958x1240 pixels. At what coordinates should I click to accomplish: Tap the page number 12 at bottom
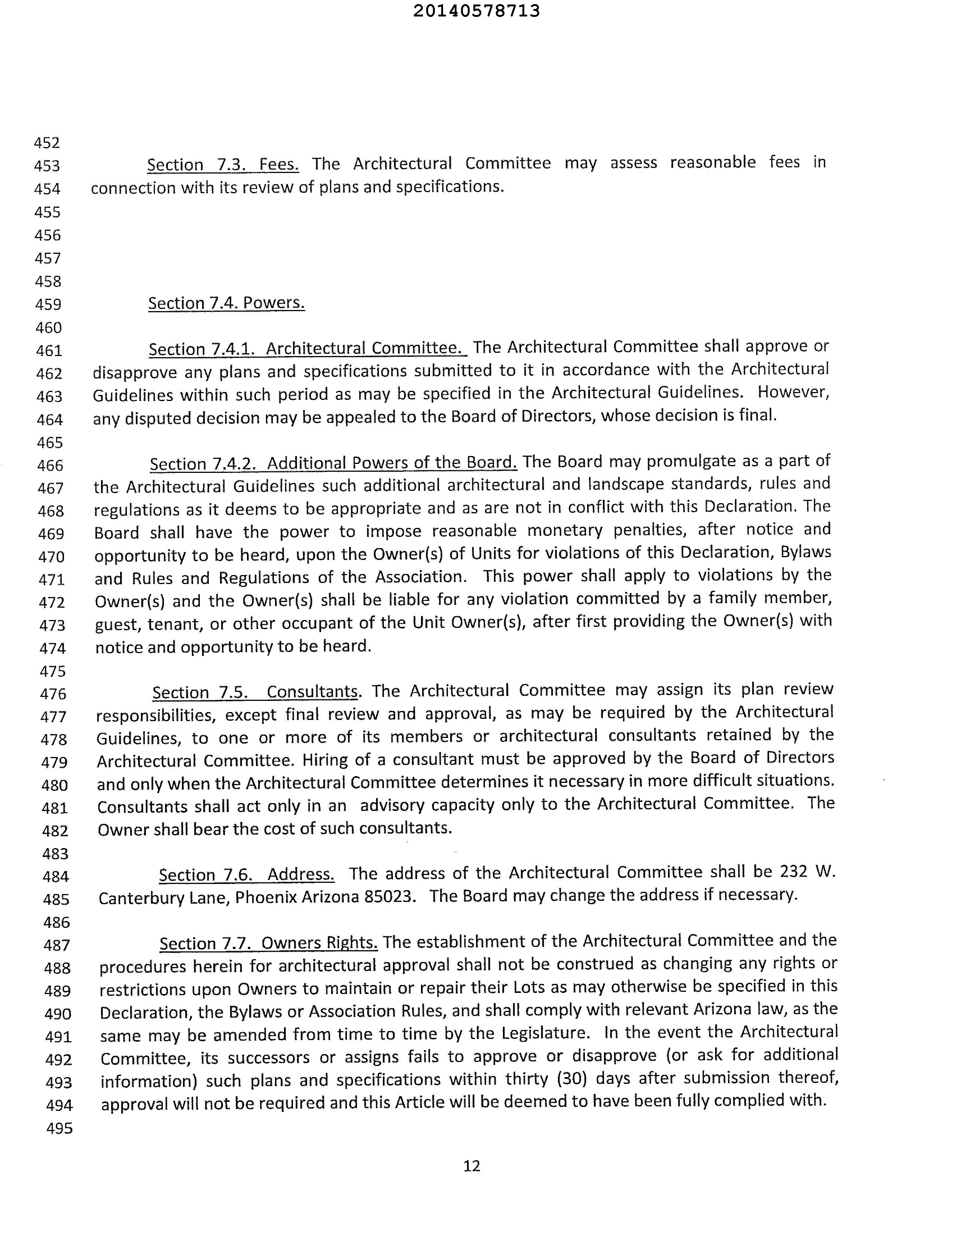(472, 1165)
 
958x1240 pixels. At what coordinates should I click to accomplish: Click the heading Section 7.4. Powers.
(226, 303)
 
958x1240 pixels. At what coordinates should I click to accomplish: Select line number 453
(47, 166)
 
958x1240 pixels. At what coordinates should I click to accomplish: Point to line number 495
(59, 1128)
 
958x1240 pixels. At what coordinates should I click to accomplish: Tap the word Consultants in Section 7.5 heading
(312, 692)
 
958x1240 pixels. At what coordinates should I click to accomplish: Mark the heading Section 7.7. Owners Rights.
(268, 943)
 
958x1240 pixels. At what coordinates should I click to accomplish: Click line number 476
(54, 694)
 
